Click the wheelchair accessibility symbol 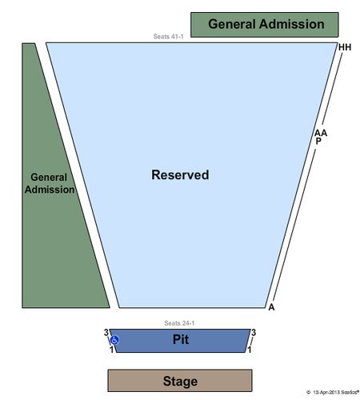pos(114,340)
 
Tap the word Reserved pos(180,175)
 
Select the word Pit pos(181,339)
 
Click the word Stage pos(180,381)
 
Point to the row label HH pos(345,47)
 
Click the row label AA pos(321,133)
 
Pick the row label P pos(318,141)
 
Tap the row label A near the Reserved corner pos(271,307)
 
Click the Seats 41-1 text pos(168,37)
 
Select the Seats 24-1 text pos(179,323)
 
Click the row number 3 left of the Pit pos(106,333)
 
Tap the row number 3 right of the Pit pos(254,333)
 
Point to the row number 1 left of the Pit pos(112,350)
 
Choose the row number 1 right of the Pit pos(250,350)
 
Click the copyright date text pos(333,392)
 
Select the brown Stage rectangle pos(180,381)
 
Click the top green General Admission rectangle pos(265,25)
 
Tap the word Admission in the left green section pos(50,190)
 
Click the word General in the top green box pos(232,24)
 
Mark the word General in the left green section pos(49,178)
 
